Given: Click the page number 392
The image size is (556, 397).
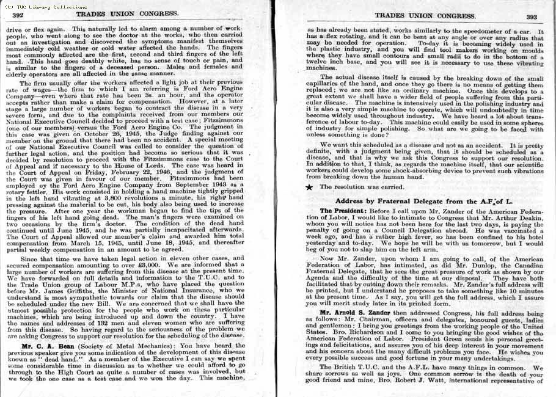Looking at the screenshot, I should pos(18,16).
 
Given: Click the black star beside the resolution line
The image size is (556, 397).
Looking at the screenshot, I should pos(310,187).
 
